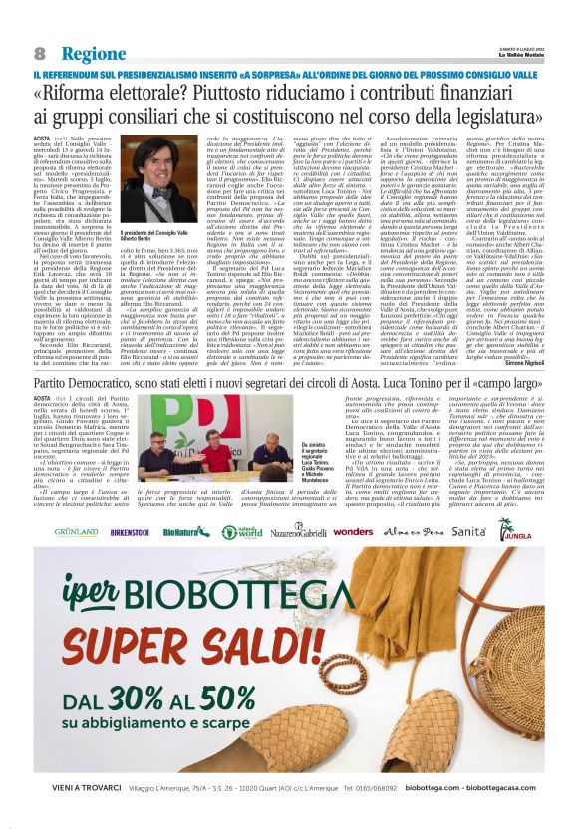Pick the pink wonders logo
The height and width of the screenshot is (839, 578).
pyautogui.click(x=353, y=532)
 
